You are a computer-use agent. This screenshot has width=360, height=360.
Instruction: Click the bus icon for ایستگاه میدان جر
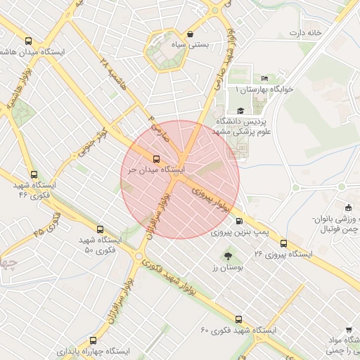pyautogui.click(x=156, y=159)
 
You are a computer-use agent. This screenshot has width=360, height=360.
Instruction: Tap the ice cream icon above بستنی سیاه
pyautogui.click(x=191, y=34)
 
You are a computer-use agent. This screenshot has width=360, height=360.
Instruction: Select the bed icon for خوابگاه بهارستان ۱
pyautogui.click(x=264, y=78)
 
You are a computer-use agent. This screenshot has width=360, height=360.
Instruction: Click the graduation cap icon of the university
pyautogui.click(x=241, y=110)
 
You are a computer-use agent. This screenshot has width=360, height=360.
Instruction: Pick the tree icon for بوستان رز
pyautogui.click(x=228, y=257)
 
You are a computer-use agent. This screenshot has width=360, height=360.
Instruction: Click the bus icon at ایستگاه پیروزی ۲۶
pyautogui.click(x=283, y=244)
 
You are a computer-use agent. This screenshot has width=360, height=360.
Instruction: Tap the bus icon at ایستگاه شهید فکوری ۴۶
pyautogui.click(x=33, y=174)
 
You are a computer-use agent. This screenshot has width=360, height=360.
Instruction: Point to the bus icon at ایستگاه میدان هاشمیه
pyautogui.click(x=28, y=41)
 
